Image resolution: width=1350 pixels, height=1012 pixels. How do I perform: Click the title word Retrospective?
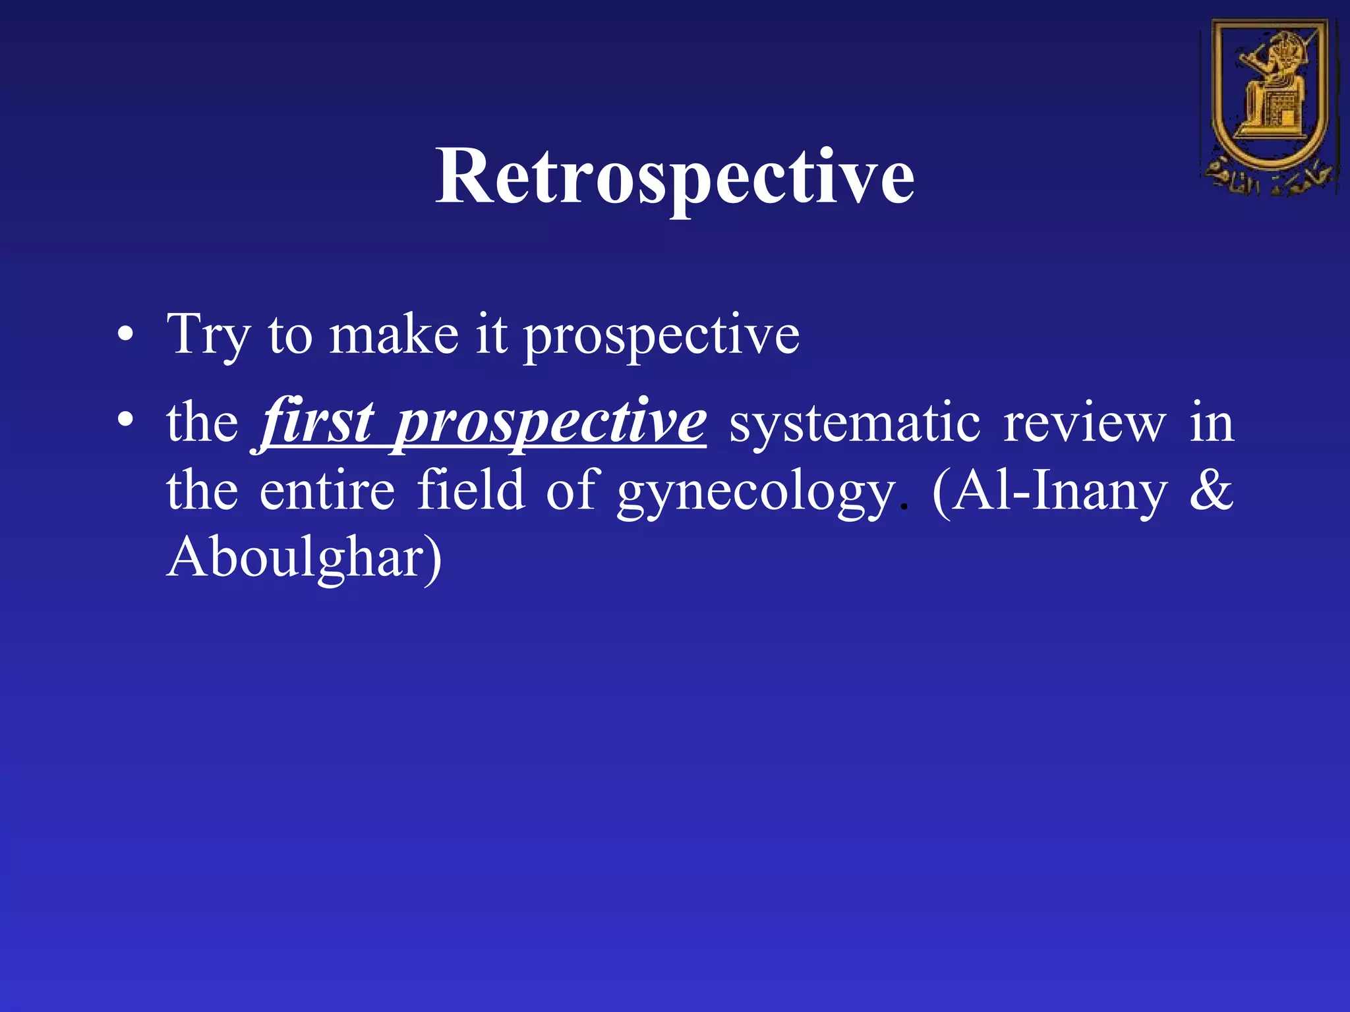(674, 177)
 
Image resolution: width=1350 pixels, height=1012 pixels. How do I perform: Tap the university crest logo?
(1269, 105)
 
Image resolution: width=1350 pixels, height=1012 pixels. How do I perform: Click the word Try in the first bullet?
(208, 336)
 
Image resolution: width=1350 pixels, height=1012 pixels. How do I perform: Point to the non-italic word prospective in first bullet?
(661, 337)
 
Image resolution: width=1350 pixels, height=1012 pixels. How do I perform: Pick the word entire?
(327, 490)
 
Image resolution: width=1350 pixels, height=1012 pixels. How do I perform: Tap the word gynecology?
(756, 493)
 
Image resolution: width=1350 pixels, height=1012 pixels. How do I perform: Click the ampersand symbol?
(1211, 490)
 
